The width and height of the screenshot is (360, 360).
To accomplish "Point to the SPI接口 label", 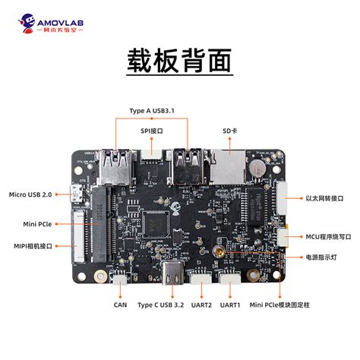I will coord(152,131).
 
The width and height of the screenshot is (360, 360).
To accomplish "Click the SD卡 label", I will coord(231,131).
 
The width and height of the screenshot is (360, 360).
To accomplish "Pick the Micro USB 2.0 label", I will coord(30,195).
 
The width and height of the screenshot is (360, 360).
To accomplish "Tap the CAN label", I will coord(120,305).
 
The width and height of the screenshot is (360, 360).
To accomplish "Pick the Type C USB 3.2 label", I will coord(161,305).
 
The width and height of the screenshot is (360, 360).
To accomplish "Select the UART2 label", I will coord(202,305).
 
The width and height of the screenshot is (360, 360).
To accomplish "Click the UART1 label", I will coord(230,305).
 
